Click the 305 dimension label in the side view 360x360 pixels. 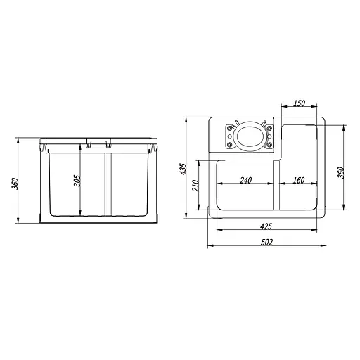click(x=77, y=181)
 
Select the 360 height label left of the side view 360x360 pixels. click(x=15, y=184)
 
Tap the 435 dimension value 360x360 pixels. click(x=183, y=169)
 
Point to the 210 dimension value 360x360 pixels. click(x=195, y=186)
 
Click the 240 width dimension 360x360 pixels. click(x=245, y=180)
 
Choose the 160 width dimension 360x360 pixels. click(x=299, y=180)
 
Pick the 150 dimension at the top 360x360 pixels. click(x=299, y=103)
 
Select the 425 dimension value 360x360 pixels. click(x=266, y=226)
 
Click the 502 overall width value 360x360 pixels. click(x=266, y=242)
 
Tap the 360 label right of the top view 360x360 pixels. click(x=341, y=172)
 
